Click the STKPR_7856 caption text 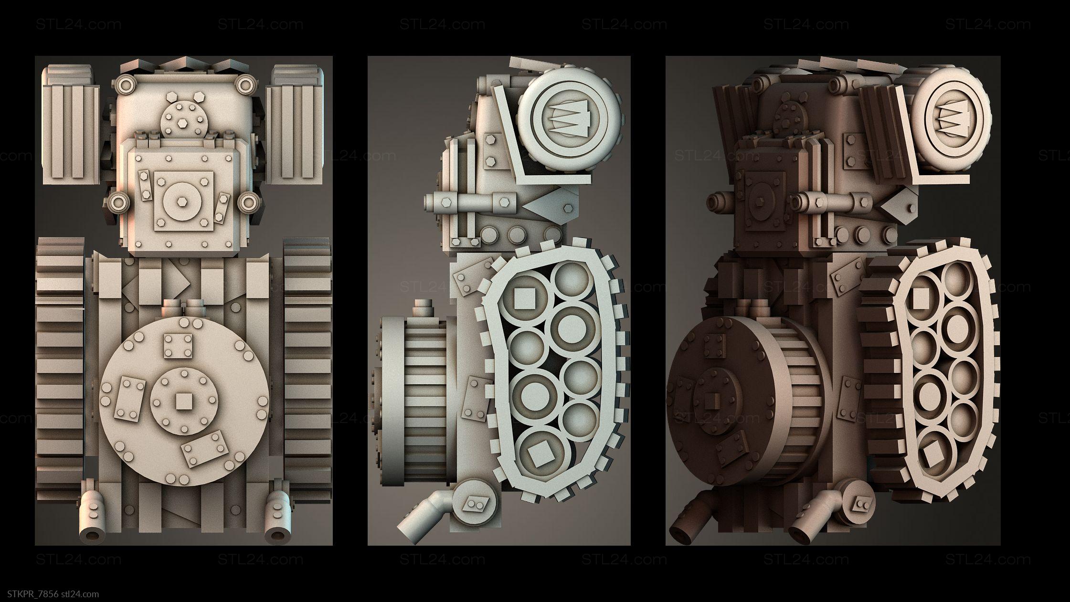pyautogui.click(x=32, y=594)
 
